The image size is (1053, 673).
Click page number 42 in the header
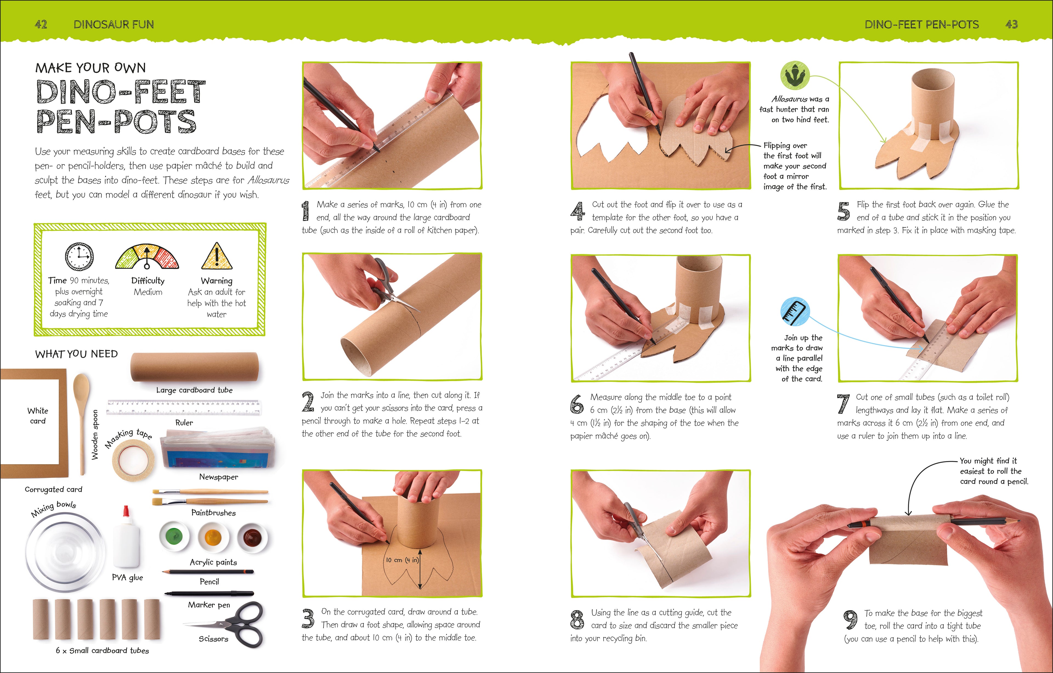pos(41,24)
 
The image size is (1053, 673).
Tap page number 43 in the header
pos(1012,24)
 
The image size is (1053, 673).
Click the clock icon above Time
pos(79,257)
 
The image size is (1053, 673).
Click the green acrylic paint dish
pos(174,536)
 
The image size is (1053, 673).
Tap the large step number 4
pos(578,211)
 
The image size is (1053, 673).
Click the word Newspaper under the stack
pos(218,477)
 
